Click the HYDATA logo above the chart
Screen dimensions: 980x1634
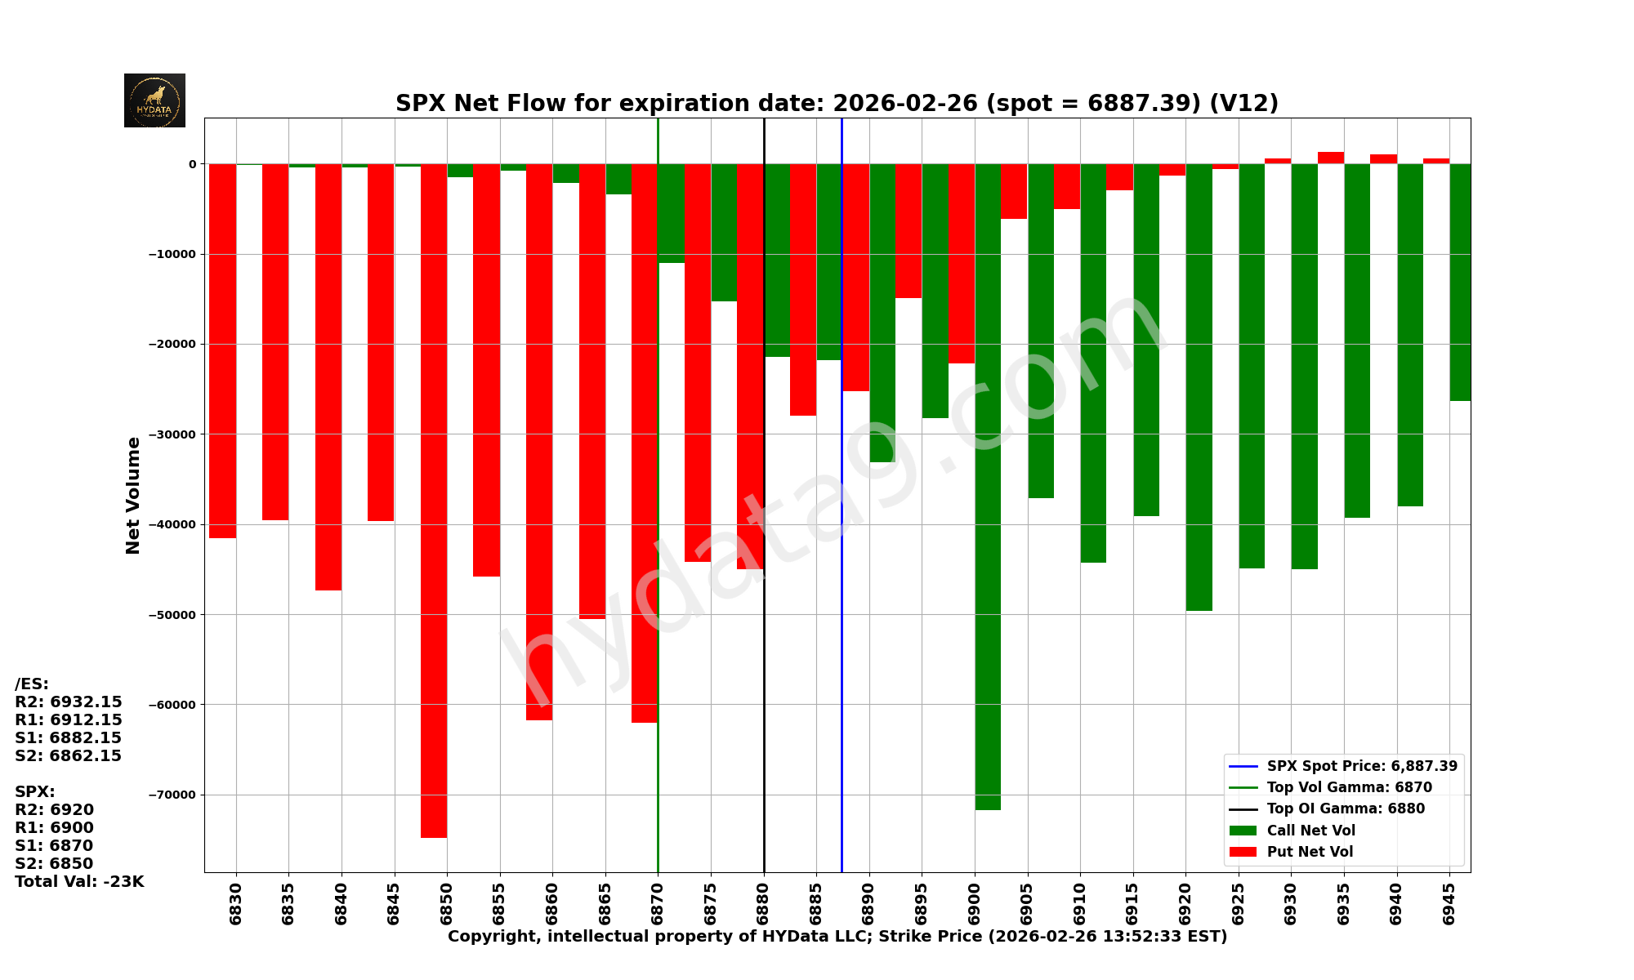pos(154,100)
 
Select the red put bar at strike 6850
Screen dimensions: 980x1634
pos(434,500)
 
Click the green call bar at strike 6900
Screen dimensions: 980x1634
pos(988,487)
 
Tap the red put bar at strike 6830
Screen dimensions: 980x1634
pos(223,351)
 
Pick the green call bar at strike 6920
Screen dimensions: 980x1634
pos(1199,387)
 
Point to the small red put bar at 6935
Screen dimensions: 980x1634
pos(1331,158)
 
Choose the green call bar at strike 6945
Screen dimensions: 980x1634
pos(1460,282)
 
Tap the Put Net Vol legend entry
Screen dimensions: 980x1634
pos(1310,852)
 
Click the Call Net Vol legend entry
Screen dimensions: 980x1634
pos(1310,831)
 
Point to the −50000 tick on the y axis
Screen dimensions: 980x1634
pos(172,614)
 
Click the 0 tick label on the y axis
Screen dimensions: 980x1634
pos(192,164)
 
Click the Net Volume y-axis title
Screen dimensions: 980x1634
pos(133,495)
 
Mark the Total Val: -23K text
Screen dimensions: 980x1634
pos(79,881)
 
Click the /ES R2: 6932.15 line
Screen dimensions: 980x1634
pos(69,702)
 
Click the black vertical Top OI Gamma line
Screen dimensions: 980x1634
pos(764,653)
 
